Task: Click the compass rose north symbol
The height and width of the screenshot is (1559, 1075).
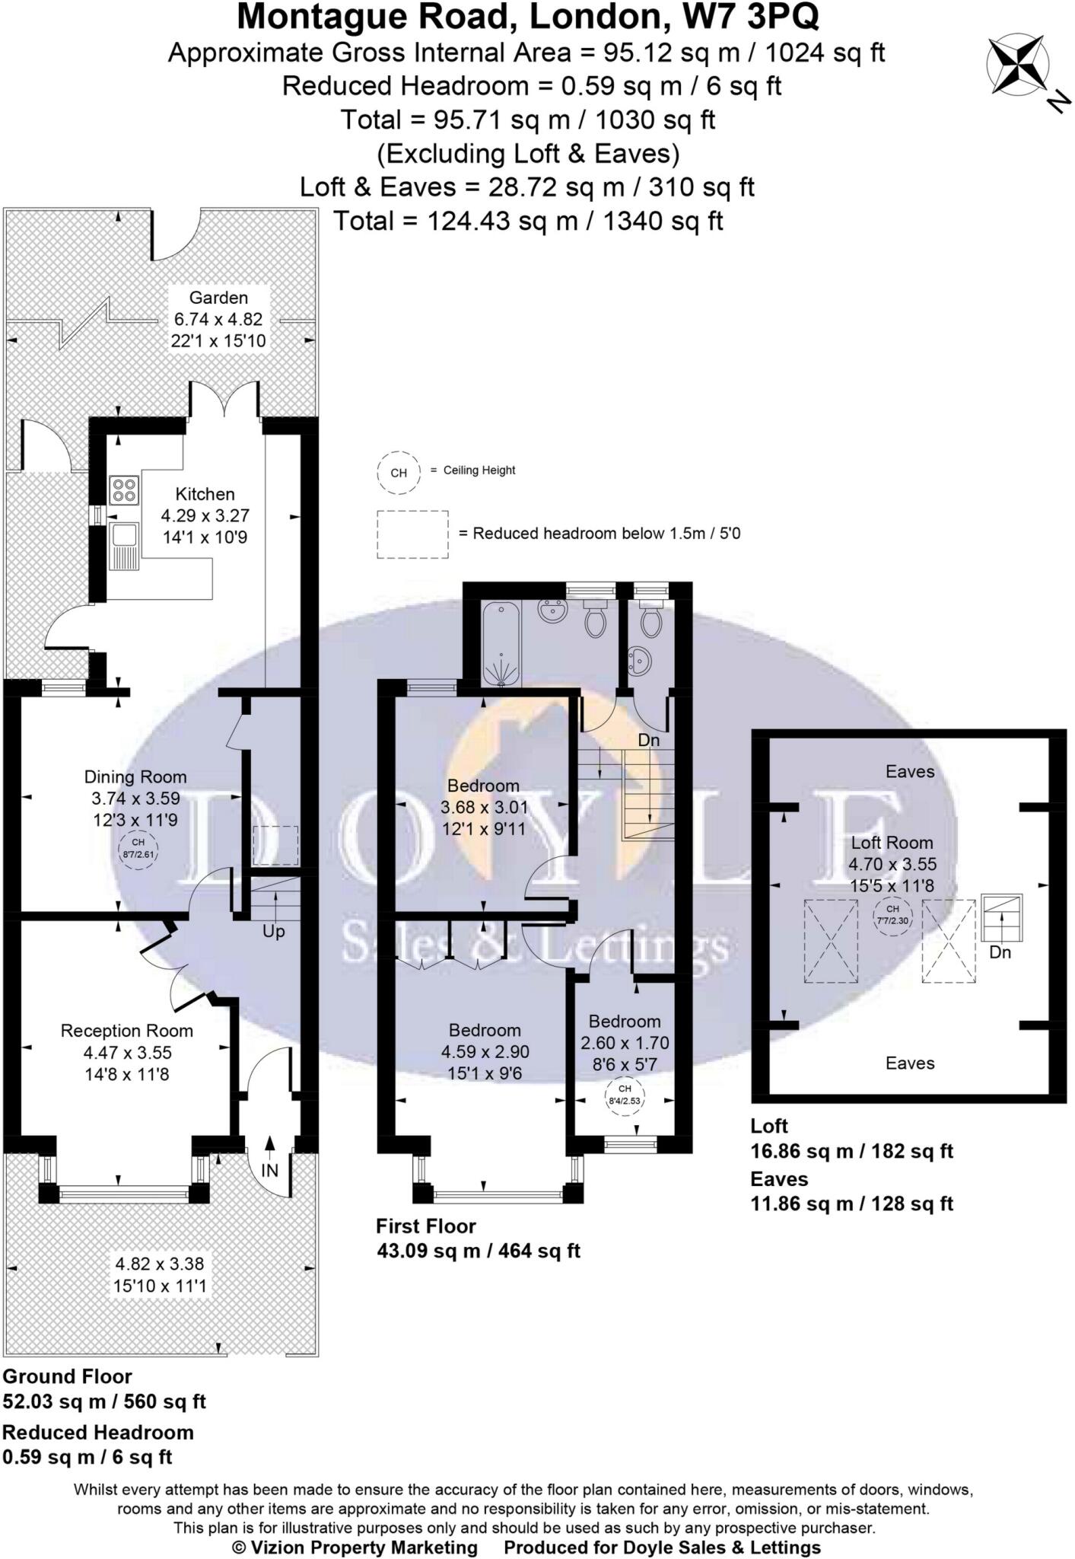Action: (1018, 68)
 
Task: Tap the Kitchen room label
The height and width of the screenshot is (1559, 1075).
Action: (205, 494)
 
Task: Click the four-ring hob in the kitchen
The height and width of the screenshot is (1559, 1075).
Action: (123, 490)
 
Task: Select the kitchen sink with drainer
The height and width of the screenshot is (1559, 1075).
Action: (123, 545)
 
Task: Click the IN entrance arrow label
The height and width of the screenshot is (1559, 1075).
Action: (270, 1170)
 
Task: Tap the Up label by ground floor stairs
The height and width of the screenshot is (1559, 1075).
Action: (274, 932)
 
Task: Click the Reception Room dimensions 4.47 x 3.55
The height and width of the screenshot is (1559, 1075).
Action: (128, 1053)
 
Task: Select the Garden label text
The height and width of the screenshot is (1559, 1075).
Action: (219, 298)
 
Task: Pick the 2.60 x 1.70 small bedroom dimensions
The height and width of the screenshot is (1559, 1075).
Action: (625, 1043)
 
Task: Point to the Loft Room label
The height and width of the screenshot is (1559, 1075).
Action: (892, 843)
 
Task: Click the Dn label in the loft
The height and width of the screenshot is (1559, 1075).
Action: (1000, 952)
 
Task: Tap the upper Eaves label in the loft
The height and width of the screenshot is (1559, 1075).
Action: (910, 772)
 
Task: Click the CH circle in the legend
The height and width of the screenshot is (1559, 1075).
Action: (399, 473)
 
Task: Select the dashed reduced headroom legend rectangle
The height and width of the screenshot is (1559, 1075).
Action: (413, 534)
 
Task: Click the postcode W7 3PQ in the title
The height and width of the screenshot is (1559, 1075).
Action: (752, 17)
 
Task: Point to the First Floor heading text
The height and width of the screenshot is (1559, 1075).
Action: (426, 1226)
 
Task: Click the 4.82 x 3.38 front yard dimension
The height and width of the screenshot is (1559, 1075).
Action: (160, 1264)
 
